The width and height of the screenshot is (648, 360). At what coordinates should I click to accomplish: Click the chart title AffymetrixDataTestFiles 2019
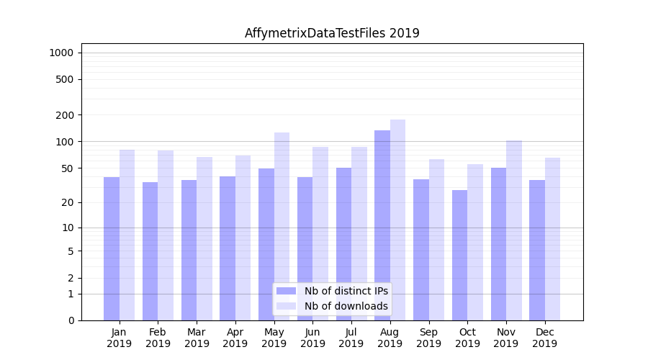tap(332, 33)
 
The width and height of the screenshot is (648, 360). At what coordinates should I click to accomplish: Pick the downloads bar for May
tap(282, 226)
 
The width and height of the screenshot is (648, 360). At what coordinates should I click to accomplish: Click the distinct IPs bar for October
tap(459, 255)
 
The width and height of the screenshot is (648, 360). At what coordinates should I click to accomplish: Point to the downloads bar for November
tap(513, 230)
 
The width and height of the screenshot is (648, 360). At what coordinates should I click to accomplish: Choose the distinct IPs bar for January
tap(112, 248)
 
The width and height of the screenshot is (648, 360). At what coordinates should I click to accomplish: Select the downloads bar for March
tap(204, 238)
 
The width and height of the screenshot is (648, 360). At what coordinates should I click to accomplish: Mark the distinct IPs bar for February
tap(150, 251)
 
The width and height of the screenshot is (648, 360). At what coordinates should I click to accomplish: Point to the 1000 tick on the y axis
tap(60, 53)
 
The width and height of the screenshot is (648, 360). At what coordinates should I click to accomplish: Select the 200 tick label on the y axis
tap(65, 115)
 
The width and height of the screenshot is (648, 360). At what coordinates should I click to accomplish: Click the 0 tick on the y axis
tap(71, 320)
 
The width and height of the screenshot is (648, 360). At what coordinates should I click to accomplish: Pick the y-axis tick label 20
tap(68, 202)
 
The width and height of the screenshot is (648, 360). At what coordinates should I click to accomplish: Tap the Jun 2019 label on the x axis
tap(312, 338)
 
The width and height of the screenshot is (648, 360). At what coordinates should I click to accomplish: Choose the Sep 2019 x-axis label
tap(428, 338)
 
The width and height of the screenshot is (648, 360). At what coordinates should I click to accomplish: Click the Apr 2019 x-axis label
tap(235, 338)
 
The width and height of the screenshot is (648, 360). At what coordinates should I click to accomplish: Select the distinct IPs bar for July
tap(343, 244)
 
